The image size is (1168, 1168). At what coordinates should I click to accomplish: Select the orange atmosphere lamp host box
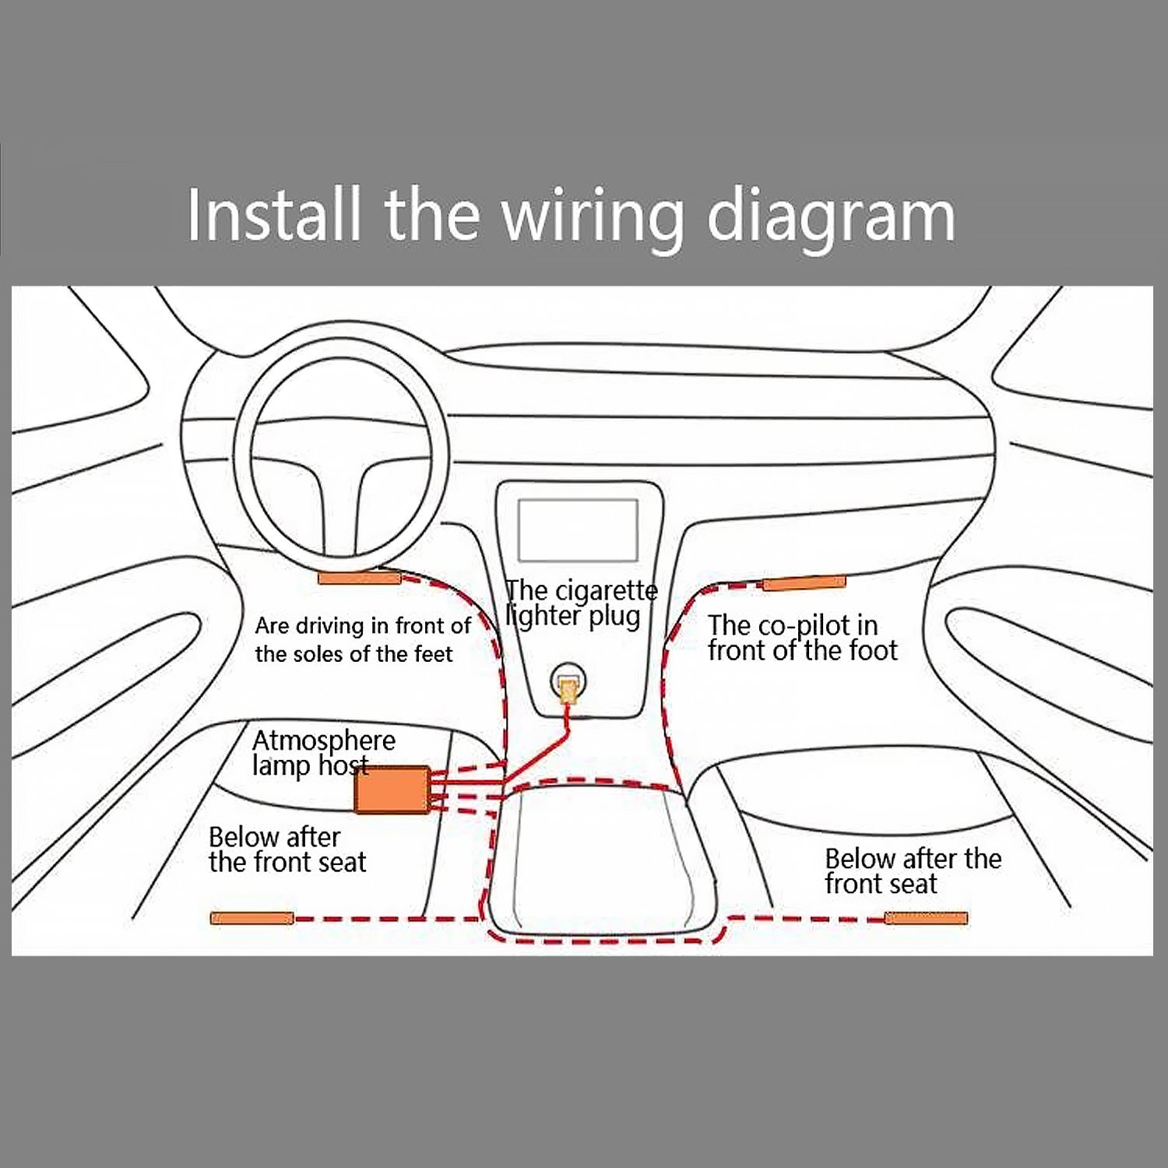pos(392,790)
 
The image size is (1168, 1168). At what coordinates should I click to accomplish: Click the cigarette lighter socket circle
pos(568,685)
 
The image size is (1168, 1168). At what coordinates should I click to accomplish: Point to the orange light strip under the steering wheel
pos(358,578)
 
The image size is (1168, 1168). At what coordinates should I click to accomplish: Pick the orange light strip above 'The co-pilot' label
pos(804,583)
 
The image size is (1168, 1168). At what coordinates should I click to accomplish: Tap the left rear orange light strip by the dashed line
pos(252,918)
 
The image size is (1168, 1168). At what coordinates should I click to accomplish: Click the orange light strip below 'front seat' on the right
pos(926,918)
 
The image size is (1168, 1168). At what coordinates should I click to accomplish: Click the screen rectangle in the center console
pos(578,530)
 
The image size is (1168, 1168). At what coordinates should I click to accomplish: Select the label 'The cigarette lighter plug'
pos(581,603)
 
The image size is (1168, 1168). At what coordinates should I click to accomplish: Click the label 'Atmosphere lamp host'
pos(323,752)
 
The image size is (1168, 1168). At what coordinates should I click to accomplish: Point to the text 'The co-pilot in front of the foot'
pos(802,638)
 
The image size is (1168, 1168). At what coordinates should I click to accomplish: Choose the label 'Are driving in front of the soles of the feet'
pos(362,639)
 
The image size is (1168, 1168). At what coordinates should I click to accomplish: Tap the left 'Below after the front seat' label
pos(287,850)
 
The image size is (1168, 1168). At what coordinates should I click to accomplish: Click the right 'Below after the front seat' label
pos(913,871)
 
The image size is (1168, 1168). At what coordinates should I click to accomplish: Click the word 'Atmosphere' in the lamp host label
pos(323,741)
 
